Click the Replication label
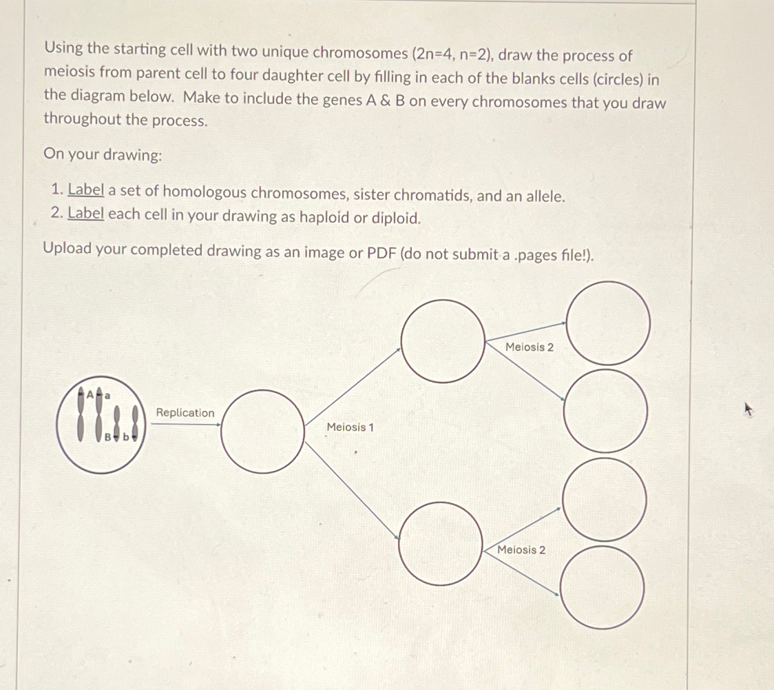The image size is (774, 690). click(185, 412)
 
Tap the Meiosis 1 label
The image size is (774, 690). click(351, 427)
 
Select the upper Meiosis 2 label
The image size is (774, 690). click(529, 347)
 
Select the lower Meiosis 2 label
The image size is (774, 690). click(521, 549)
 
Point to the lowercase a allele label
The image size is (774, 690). click(107, 395)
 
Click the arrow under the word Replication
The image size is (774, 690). click(185, 425)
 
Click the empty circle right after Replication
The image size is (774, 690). click(262, 432)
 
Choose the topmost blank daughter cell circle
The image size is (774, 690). click(608, 323)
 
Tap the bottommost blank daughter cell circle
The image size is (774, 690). click(602, 587)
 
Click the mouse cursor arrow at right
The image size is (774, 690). click(749, 411)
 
